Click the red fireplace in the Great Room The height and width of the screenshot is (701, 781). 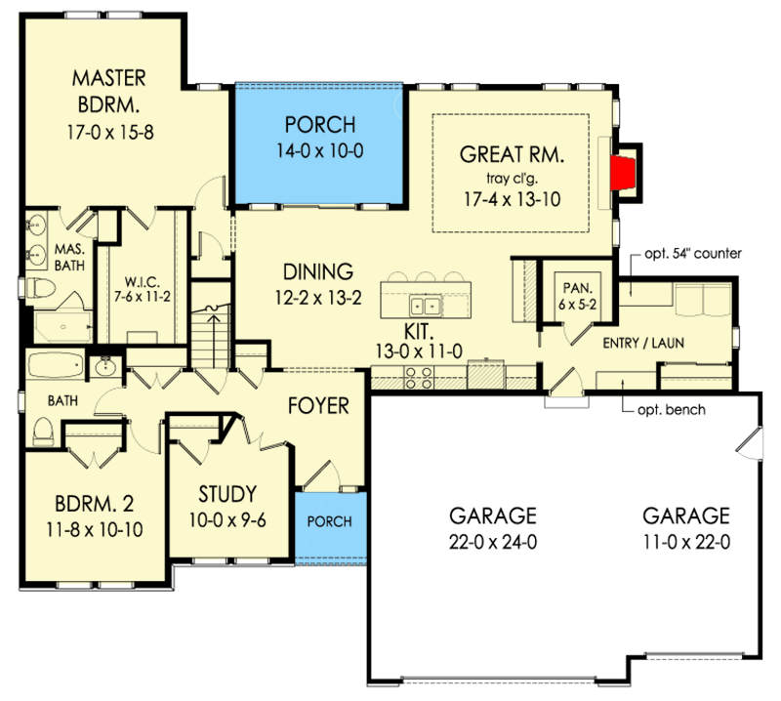tap(623, 173)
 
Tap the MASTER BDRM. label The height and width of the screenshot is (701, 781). tap(109, 91)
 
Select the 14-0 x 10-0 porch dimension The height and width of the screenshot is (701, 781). tap(320, 150)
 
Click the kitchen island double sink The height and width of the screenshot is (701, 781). tap(426, 305)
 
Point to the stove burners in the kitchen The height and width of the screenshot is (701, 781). tap(418, 378)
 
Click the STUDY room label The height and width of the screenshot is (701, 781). tap(227, 494)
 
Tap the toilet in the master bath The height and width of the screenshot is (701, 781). tap(41, 288)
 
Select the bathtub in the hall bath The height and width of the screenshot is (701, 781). tap(56, 365)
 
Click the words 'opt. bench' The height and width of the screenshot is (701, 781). tap(672, 410)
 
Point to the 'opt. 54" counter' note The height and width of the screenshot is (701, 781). tap(693, 254)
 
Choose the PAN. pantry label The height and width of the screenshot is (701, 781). tap(578, 287)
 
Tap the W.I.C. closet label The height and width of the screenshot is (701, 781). tap(142, 282)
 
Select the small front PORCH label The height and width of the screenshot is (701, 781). tap(329, 521)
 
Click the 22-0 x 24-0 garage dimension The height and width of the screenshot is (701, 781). tap(493, 542)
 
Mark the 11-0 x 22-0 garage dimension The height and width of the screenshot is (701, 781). tap(686, 542)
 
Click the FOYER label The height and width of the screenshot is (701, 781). tap(318, 406)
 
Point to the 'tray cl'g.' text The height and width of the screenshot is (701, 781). tap(512, 178)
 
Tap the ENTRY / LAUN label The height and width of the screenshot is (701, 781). tap(643, 343)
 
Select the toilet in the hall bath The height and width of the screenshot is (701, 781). tap(43, 432)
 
